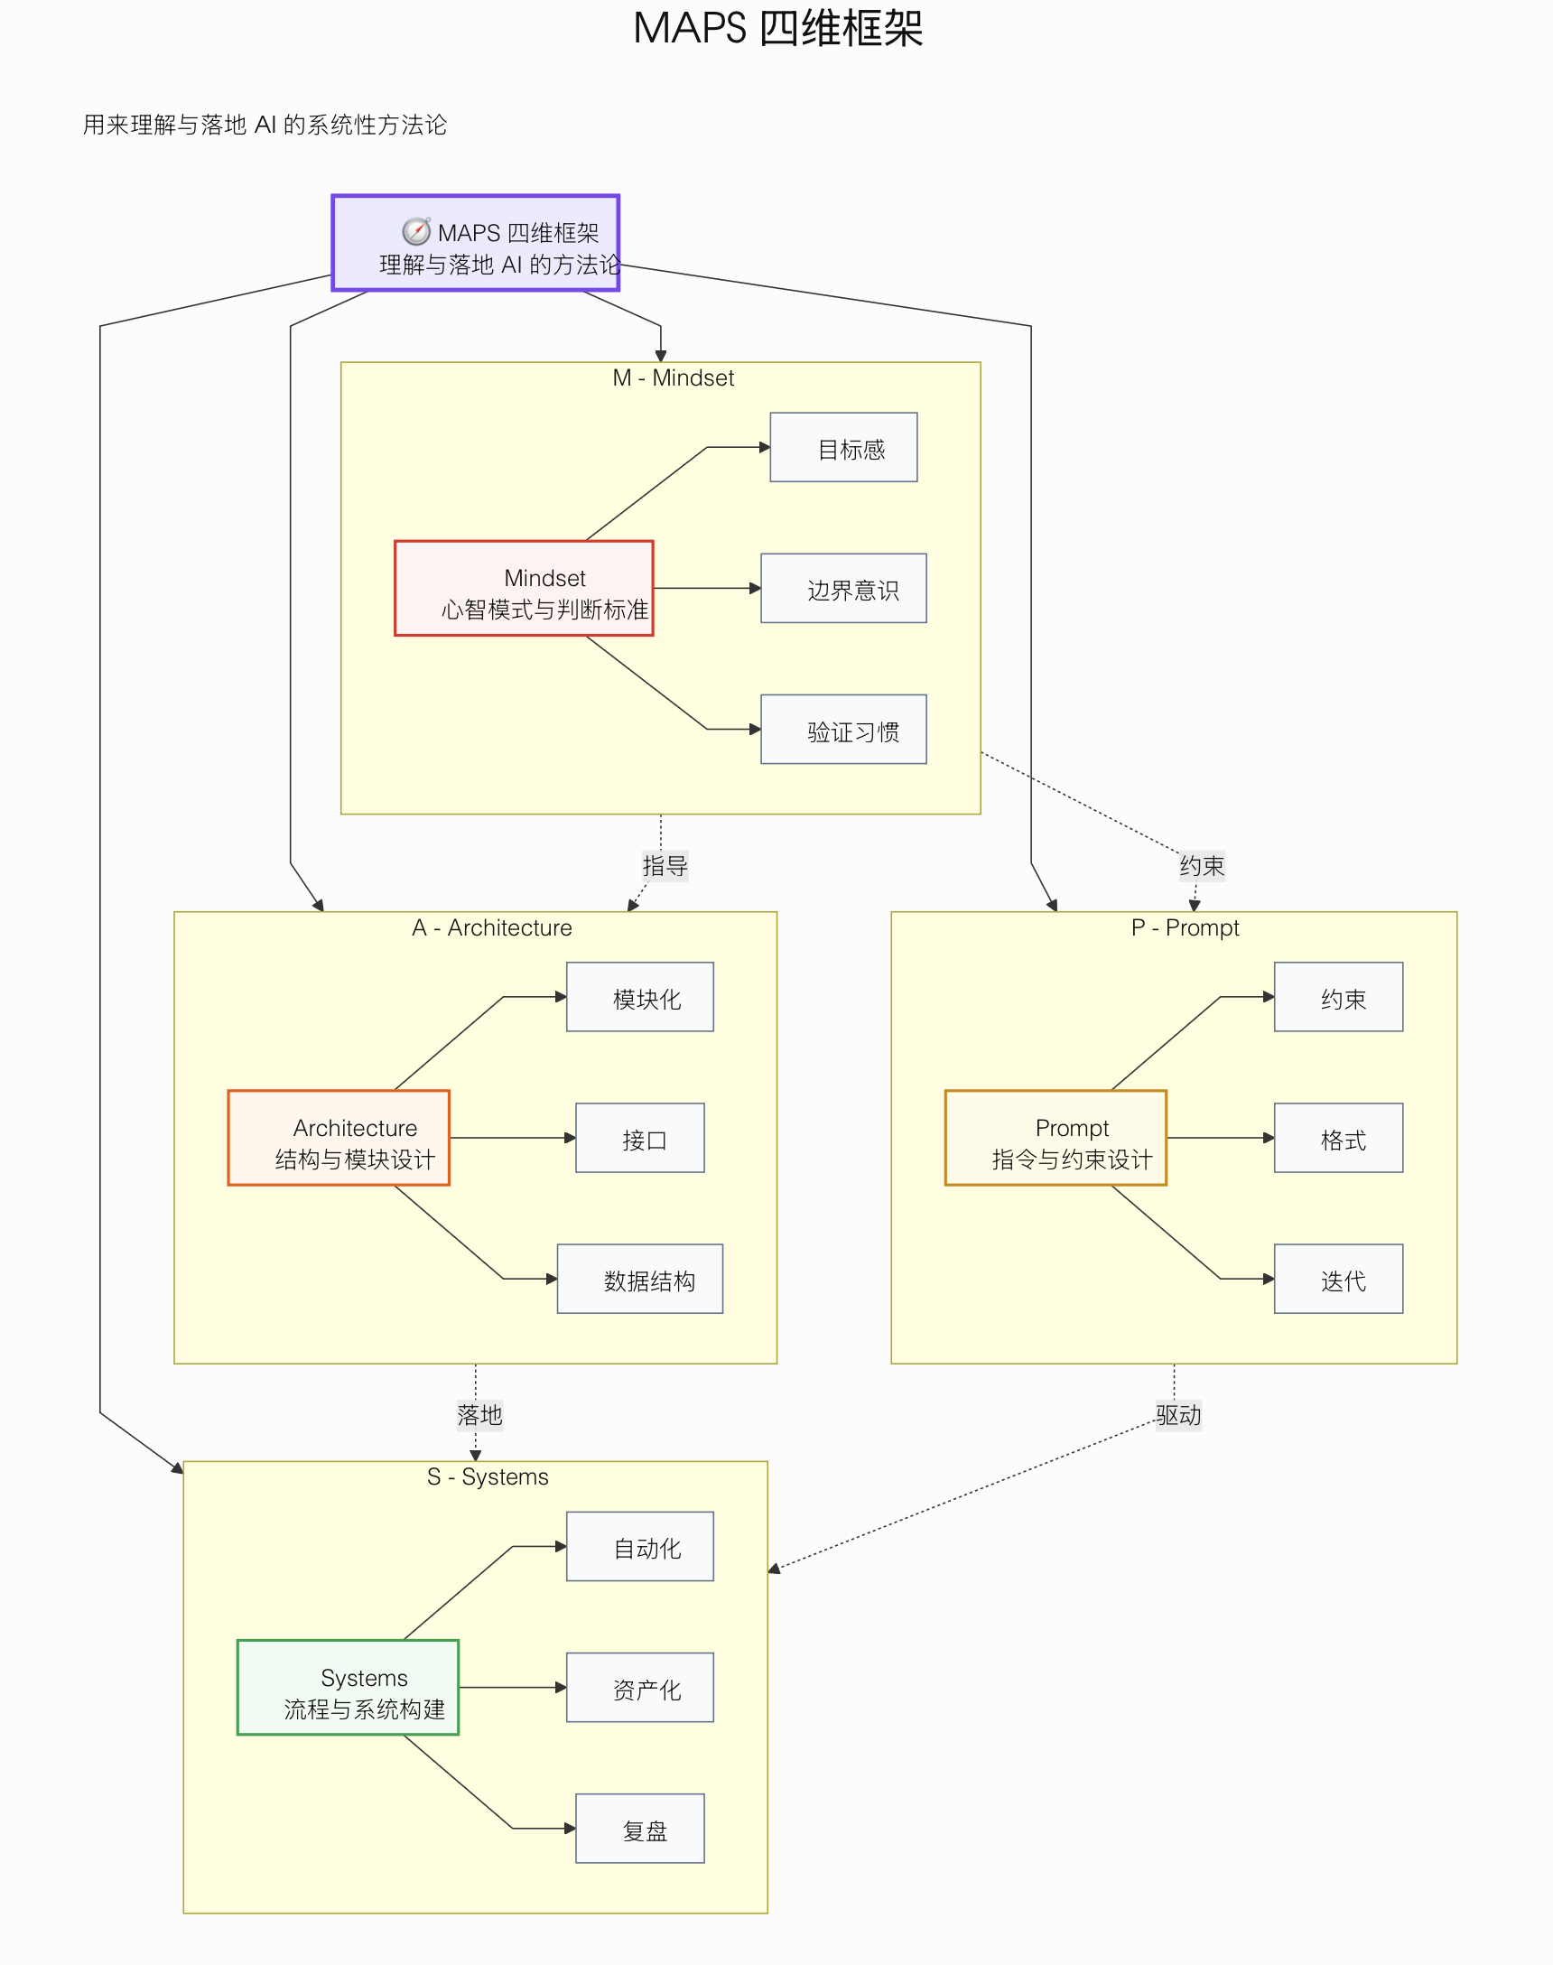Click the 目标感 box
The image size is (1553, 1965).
click(x=843, y=447)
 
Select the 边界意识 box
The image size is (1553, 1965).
click(x=843, y=588)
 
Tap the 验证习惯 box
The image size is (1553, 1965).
click(x=843, y=730)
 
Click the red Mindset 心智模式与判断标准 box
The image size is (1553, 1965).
click(x=524, y=588)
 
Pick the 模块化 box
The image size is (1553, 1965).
click(x=639, y=997)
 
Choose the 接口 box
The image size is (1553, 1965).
click(x=639, y=1138)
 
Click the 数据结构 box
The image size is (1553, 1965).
click(x=639, y=1279)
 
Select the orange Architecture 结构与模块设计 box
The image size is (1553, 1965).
click(x=339, y=1138)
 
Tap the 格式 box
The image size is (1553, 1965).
click(x=1337, y=1138)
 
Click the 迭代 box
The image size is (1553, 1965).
click(x=1337, y=1279)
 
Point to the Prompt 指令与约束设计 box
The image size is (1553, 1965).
click(x=1055, y=1138)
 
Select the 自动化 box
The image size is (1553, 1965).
click(x=639, y=1546)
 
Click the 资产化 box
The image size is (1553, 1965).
click(x=639, y=1687)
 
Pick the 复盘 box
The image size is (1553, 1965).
click(x=639, y=1828)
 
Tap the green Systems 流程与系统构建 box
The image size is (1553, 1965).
click(x=348, y=1687)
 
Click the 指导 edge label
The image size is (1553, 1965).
click(x=665, y=866)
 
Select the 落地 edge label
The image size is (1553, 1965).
click(x=479, y=1415)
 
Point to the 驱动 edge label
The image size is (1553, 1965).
click(x=1177, y=1415)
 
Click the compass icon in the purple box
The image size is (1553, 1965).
click(x=416, y=232)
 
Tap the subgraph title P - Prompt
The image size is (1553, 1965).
click(x=1184, y=927)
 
